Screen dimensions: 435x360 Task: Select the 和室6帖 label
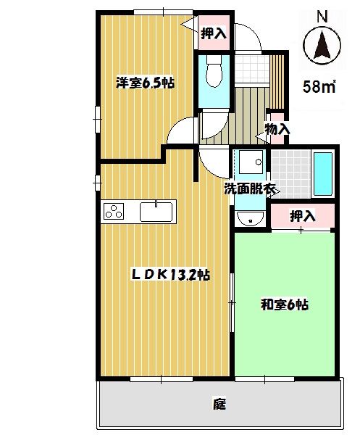(285, 304)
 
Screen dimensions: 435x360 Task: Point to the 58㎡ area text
(318, 87)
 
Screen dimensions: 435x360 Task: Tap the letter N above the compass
(322, 14)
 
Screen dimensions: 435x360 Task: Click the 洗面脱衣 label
(250, 190)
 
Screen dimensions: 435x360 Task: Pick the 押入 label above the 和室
(303, 215)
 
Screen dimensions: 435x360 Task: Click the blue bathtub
(322, 174)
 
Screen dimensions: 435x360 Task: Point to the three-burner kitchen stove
(115, 211)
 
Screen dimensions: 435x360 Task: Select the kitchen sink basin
(156, 212)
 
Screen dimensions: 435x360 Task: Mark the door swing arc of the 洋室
(181, 130)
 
